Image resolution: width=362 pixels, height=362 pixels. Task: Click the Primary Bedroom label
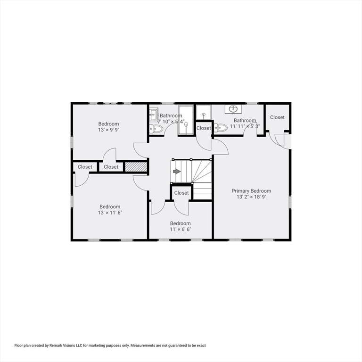click(251, 191)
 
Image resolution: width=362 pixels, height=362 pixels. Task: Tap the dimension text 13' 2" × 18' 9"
click(251, 197)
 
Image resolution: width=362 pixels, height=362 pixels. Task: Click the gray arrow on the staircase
click(177, 171)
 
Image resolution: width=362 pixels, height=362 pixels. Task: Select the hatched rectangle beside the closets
click(136, 167)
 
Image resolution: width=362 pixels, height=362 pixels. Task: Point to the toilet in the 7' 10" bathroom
click(156, 129)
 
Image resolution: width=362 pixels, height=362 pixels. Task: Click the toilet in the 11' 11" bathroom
click(221, 127)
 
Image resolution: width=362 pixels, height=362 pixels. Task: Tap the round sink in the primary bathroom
click(234, 108)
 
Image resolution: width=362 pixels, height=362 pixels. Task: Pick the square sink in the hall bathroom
click(153, 114)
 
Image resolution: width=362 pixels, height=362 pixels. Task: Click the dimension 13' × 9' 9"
click(108, 130)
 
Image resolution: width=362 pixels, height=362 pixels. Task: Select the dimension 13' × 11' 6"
click(110, 213)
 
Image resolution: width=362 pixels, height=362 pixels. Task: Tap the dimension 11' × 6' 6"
click(181, 229)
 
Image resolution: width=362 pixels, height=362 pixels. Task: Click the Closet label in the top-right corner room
click(277, 117)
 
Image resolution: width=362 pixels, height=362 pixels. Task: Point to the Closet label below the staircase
click(181, 193)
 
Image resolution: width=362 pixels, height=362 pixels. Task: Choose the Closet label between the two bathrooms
click(204, 128)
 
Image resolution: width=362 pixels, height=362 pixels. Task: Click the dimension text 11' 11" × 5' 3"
click(245, 126)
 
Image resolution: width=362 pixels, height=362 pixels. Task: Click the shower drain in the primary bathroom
click(204, 114)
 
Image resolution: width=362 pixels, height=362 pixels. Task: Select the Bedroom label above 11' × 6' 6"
click(181, 223)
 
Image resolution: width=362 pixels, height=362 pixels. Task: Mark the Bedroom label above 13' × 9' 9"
click(108, 124)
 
